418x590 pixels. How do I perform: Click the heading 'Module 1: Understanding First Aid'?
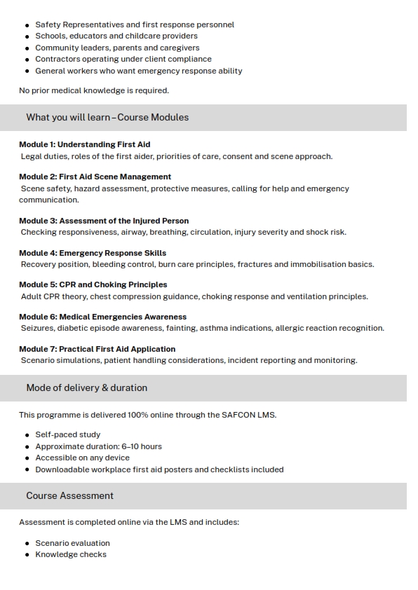click(x=84, y=144)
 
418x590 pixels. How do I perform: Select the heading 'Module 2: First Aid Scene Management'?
click(x=95, y=177)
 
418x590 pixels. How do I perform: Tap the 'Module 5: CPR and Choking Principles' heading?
click(x=93, y=284)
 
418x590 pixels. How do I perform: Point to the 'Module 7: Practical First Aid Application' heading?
click(x=97, y=349)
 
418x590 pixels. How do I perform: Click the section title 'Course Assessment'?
click(x=69, y=495)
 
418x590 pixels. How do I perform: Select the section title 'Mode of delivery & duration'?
click(x=86, y=387)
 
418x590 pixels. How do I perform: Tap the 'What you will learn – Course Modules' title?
click(x=107, y=117)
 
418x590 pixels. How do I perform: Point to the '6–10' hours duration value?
click(x=128, y=446)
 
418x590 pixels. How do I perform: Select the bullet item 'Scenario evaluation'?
click(x=72, y=543)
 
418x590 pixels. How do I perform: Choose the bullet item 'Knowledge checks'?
click(x=71, y=554)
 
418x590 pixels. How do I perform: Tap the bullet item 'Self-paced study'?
click(x=67, y=434)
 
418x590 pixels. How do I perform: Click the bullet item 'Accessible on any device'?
click(x=82, y=458)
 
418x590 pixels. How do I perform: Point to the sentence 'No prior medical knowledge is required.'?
click(x=94, y=90)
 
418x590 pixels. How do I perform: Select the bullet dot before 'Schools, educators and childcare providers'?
click(x=27, y=36)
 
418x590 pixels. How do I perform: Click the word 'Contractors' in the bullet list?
click(x=58, y=59)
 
